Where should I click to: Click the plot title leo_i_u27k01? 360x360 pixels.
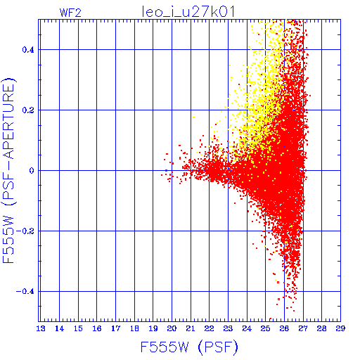coord(188,12)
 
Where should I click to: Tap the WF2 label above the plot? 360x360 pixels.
coord(70,13)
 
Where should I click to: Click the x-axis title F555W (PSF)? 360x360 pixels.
coord(189,347)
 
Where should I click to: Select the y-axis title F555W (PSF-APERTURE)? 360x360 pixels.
coord(9,170)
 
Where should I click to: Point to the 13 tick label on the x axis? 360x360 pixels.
coord(41,328)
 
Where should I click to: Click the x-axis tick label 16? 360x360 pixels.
coord(97,328)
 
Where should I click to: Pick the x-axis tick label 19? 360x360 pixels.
coord(153,328)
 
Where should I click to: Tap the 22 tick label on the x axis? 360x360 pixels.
coord(210,328)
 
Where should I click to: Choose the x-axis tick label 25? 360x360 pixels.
coord(266,328)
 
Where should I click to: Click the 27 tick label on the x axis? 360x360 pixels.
coord(303,328)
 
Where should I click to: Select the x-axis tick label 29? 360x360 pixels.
coord(340,328)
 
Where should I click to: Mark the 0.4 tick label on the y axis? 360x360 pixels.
coord(28,50)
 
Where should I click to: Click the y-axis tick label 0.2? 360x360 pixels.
coord(28,110)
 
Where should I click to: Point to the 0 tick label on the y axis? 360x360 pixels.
coord(32,170)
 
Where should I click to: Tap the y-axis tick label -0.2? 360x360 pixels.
coord(25,231)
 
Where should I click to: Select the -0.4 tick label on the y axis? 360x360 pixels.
coord(25,292)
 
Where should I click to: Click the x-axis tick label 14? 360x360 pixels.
coord(59,328)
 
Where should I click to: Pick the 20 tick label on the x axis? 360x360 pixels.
coord(172,328)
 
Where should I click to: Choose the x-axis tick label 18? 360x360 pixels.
coord(134,328)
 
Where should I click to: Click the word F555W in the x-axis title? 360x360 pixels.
coord(165,347)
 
